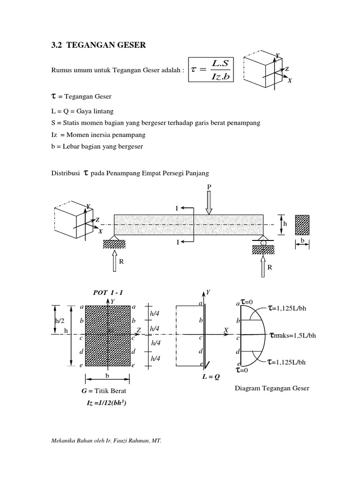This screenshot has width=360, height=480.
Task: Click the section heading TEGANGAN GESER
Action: [x=98, y=45]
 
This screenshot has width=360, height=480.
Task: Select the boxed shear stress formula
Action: [x=211, y=69]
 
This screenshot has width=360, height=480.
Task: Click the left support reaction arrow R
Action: [x=114, y=261]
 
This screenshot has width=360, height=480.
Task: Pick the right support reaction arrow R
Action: [x=263, y=266]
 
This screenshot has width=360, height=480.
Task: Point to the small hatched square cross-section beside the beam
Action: [x=303, y=224]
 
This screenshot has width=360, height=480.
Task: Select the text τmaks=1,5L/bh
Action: [x=293, y=336]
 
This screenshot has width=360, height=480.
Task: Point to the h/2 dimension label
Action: [x=59, y=321]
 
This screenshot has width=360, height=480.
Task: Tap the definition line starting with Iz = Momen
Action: [x=99, y=135]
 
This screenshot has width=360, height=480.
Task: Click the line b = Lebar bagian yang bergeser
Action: [x=97, y=146]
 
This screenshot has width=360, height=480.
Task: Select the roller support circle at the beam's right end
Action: [x=263, y=242]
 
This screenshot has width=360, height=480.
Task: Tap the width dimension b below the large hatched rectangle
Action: [x=107, y=376]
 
